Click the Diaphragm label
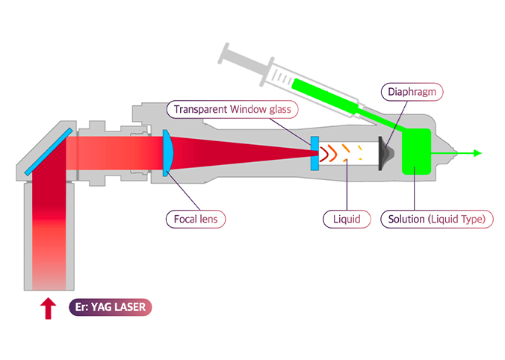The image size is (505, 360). click(x=412, y=92)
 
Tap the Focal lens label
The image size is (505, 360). click(x=195, y=219)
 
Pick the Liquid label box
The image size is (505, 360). click(x=347, y=219)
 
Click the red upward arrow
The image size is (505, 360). click(x=49, y=307)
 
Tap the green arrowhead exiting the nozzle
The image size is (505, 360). click(x=476, y=153)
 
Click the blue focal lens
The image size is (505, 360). click(x=168, y=153)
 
